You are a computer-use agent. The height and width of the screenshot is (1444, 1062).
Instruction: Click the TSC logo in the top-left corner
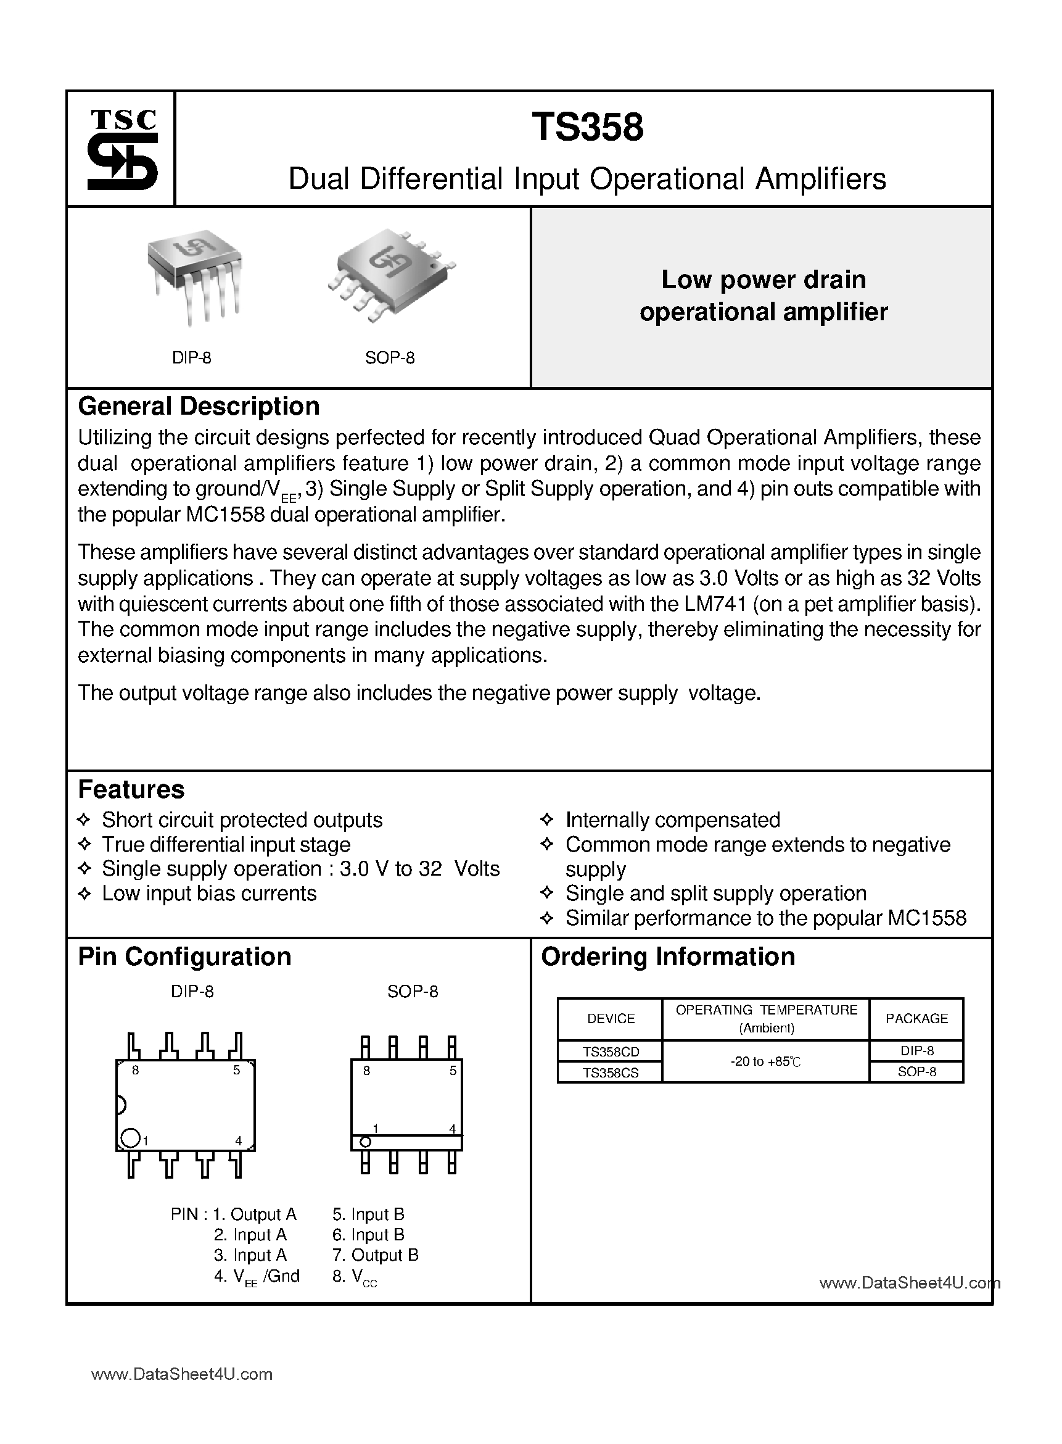122,149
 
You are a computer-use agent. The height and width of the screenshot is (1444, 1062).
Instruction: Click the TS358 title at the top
587,127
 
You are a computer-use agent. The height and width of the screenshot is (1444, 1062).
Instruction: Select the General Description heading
199,407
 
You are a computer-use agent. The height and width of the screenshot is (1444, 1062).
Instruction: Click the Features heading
131,789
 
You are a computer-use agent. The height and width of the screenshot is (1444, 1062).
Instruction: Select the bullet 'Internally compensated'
672,820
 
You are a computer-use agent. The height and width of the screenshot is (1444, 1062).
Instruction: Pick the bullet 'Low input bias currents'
209,894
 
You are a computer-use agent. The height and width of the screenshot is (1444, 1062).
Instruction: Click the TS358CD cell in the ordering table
610,1052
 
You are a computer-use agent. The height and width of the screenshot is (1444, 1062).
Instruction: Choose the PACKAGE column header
916,1019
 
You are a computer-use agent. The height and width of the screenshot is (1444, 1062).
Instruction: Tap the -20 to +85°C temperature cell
765,1062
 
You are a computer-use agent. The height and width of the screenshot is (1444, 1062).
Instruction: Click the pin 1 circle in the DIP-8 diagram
130,1138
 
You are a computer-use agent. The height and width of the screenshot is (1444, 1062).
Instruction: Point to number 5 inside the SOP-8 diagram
453,1071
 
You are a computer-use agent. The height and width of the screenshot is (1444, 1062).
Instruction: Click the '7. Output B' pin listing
376,1255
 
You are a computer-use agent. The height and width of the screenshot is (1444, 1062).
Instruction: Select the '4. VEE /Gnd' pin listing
257,1276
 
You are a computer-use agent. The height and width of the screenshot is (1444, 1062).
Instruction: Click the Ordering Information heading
668,956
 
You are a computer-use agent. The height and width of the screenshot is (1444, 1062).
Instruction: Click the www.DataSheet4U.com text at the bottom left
182,1374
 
